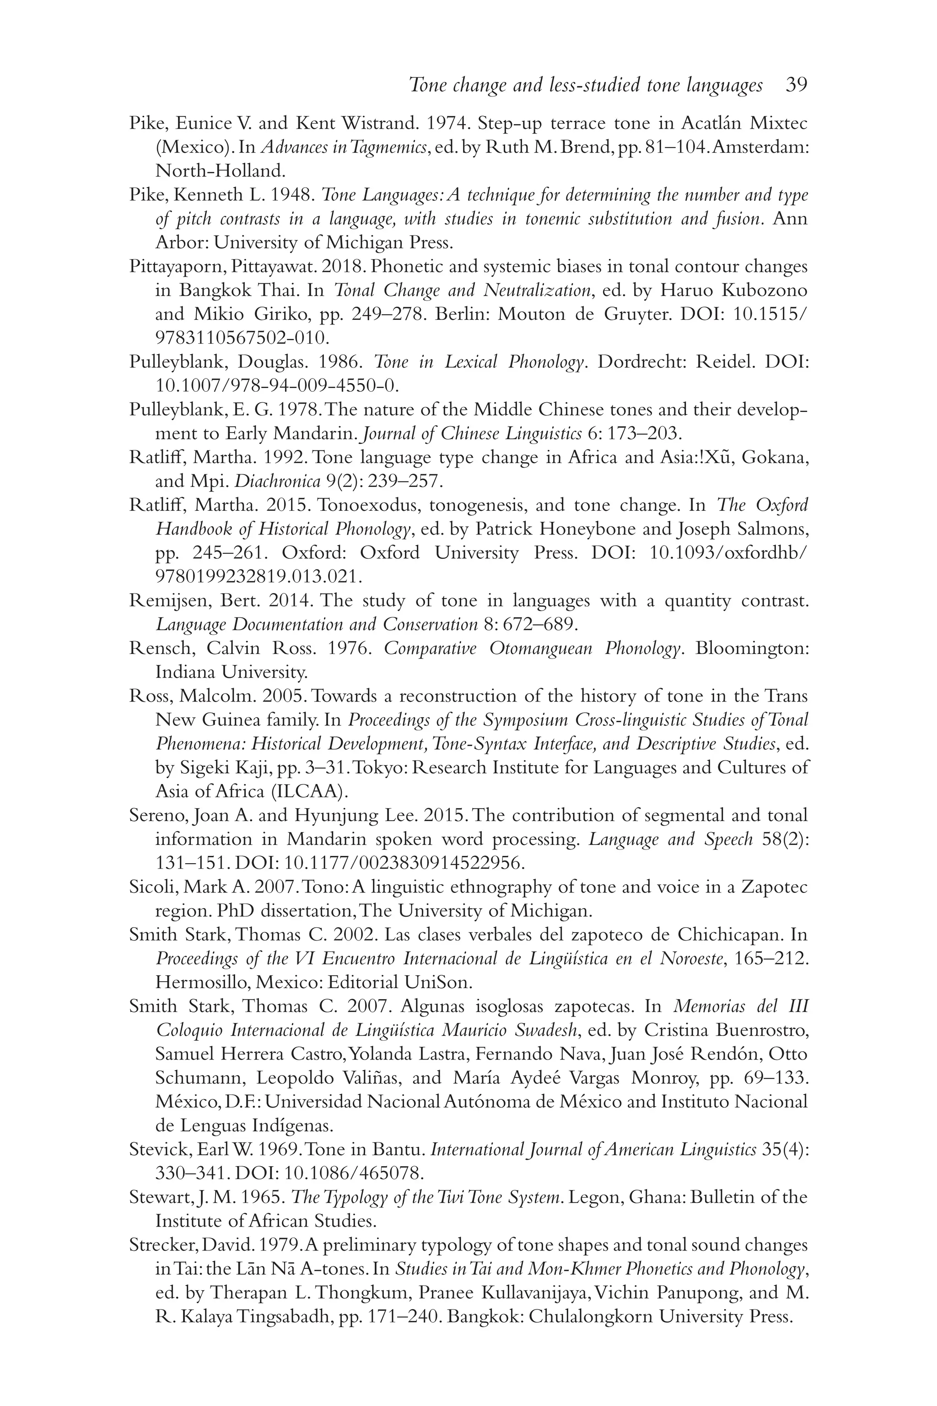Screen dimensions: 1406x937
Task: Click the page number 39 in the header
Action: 796,86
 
